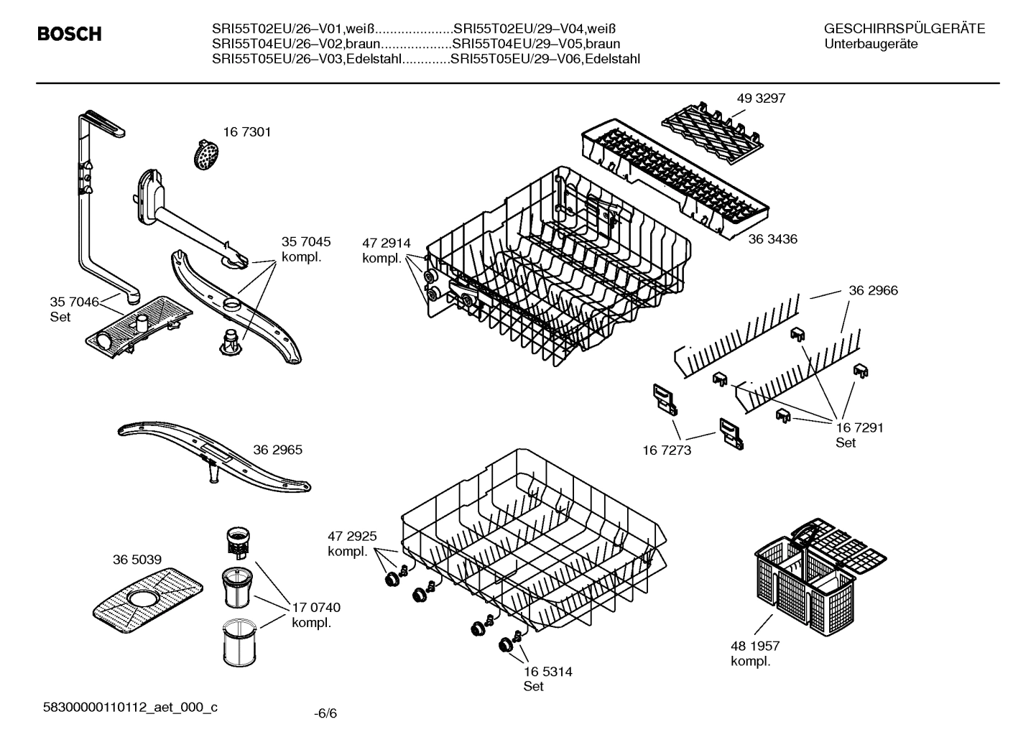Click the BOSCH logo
coord(69,34)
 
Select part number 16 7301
coord(246,132)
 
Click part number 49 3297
coord(761,98)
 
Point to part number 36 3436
coord(772,238)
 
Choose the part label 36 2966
coord(873,290)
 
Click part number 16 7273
coord(667,450)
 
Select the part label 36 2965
coord(277,450)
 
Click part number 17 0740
coord(316,608)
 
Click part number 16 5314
coord(547,672)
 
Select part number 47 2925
coord(352,536)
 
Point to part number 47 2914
coord(386,244)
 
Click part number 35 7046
coord(74,302)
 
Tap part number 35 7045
coord(306,242)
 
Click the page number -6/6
coord(325,713)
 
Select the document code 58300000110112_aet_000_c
coord(131,708)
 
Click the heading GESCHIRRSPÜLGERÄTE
coord(904,29)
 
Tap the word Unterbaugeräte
coord(871,44)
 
